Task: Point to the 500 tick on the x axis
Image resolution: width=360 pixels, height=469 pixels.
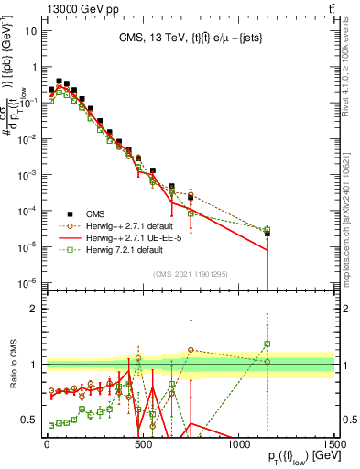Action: [143, 442]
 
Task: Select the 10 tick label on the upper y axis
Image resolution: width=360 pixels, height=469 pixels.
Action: [29, 30]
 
